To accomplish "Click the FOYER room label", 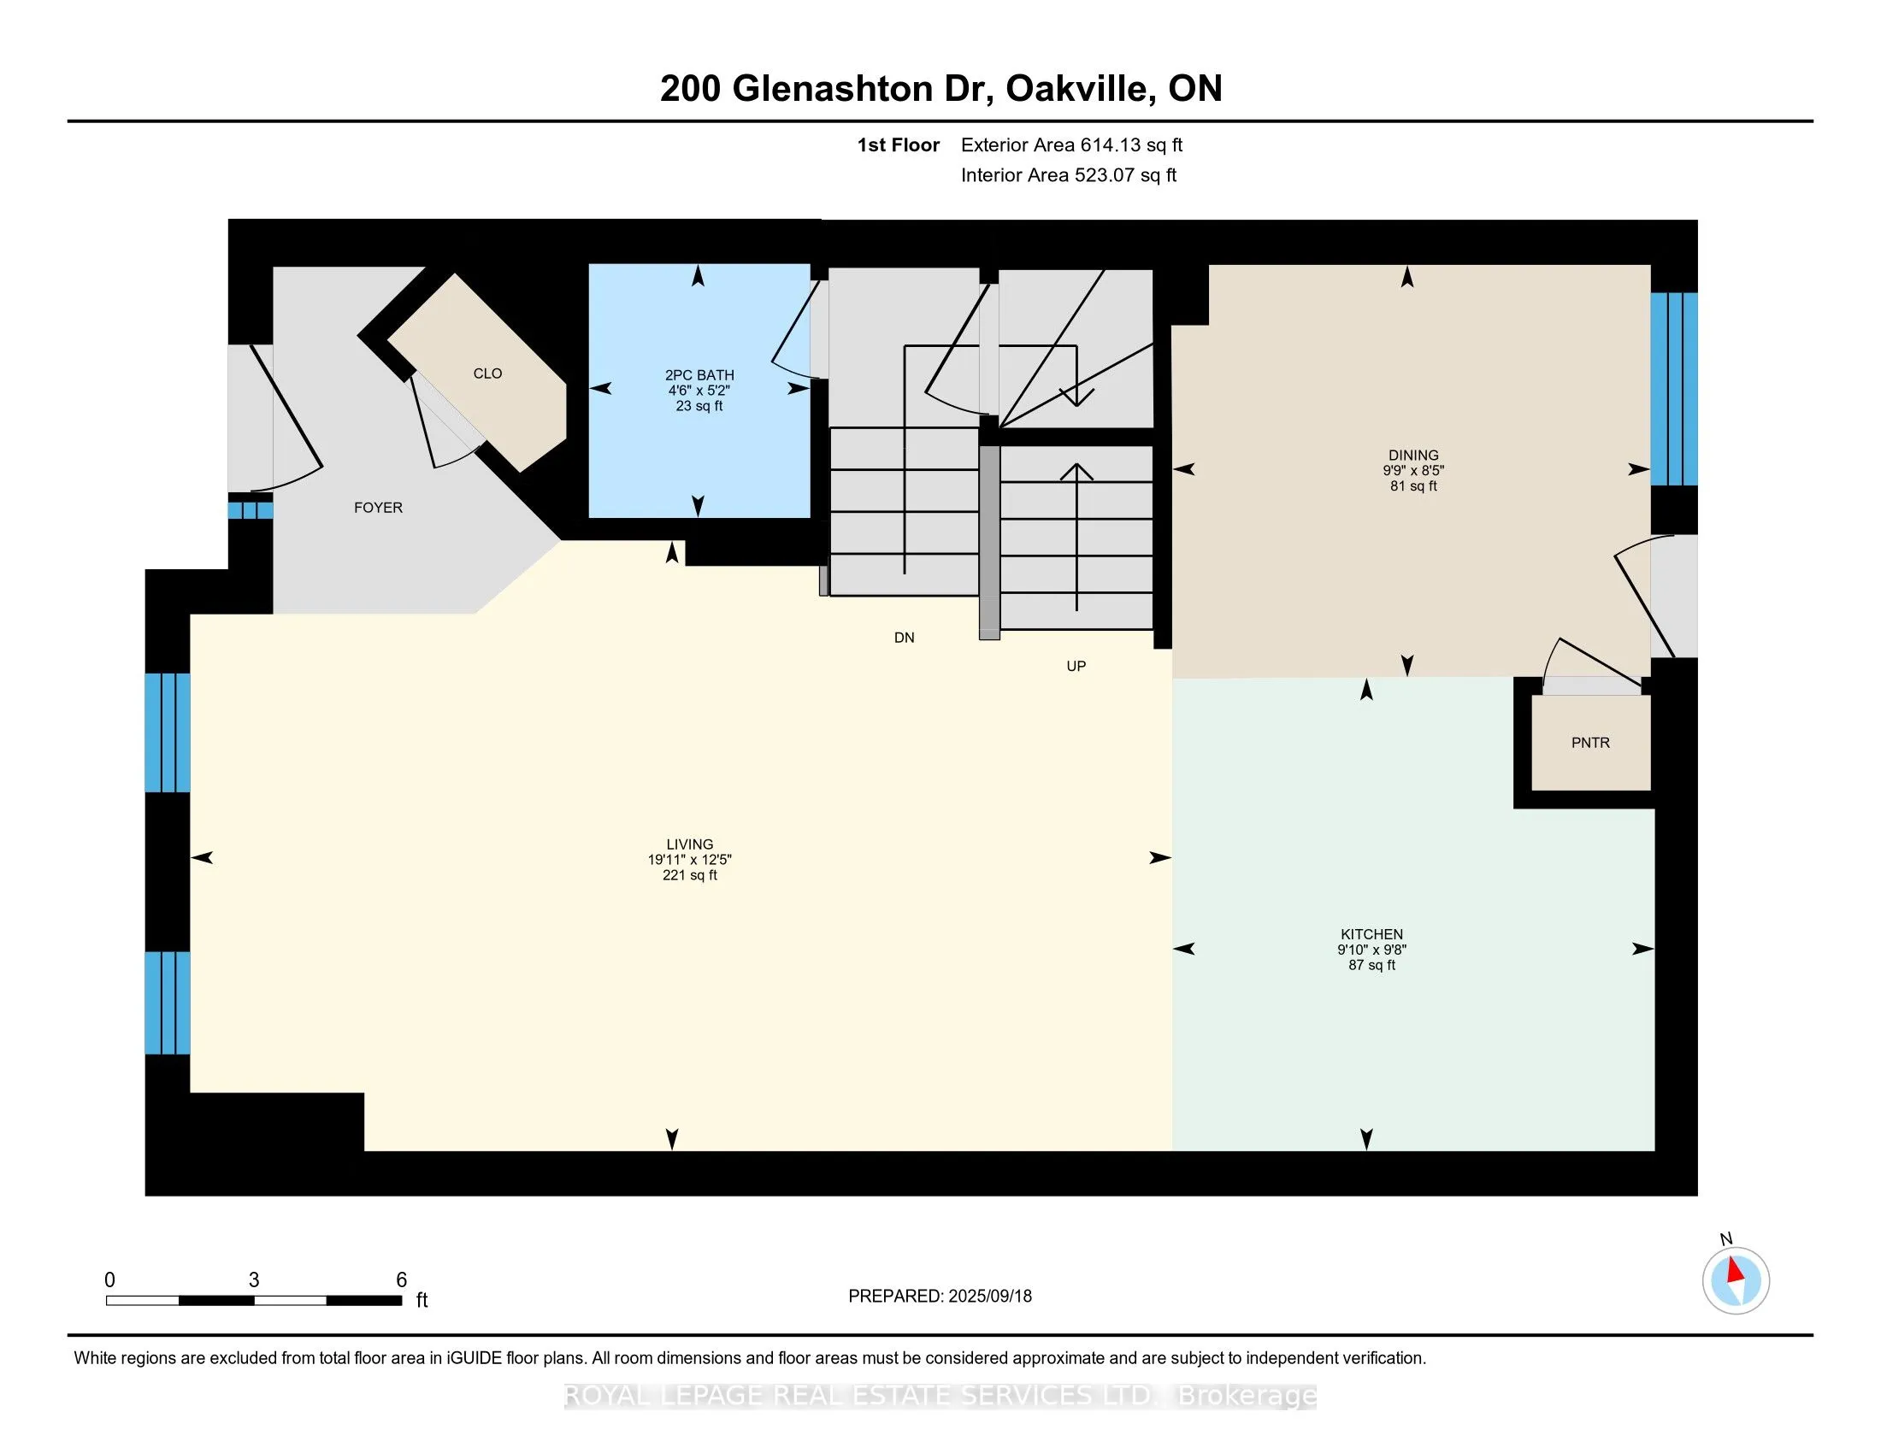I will [x=378, y=508].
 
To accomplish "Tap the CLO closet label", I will [x=487, y=374].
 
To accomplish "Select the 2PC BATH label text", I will [x=699, y=375].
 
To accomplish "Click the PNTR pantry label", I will [x=1590, y=743].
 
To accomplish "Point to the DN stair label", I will [x=905, y=638].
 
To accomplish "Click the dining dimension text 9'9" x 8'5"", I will [x=1413, y=471].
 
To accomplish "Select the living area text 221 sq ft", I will [x=690, y=875].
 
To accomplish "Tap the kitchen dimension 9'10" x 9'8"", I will [x=1372, y=950].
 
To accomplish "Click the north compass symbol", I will [x=1736, y=1280].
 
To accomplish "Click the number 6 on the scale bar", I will [x=401, y=1280].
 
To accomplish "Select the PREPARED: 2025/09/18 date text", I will [x=940, y=1297].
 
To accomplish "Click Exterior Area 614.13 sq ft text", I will [x=1071, y=145].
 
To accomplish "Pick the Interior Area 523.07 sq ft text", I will [x=1068, y=175].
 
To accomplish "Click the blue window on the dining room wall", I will [x=1673, y=389].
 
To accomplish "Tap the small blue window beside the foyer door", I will [x=251, y=510].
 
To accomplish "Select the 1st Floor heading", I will [x=898, y=145].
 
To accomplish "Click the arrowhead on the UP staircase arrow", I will [x=1076, y=472].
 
